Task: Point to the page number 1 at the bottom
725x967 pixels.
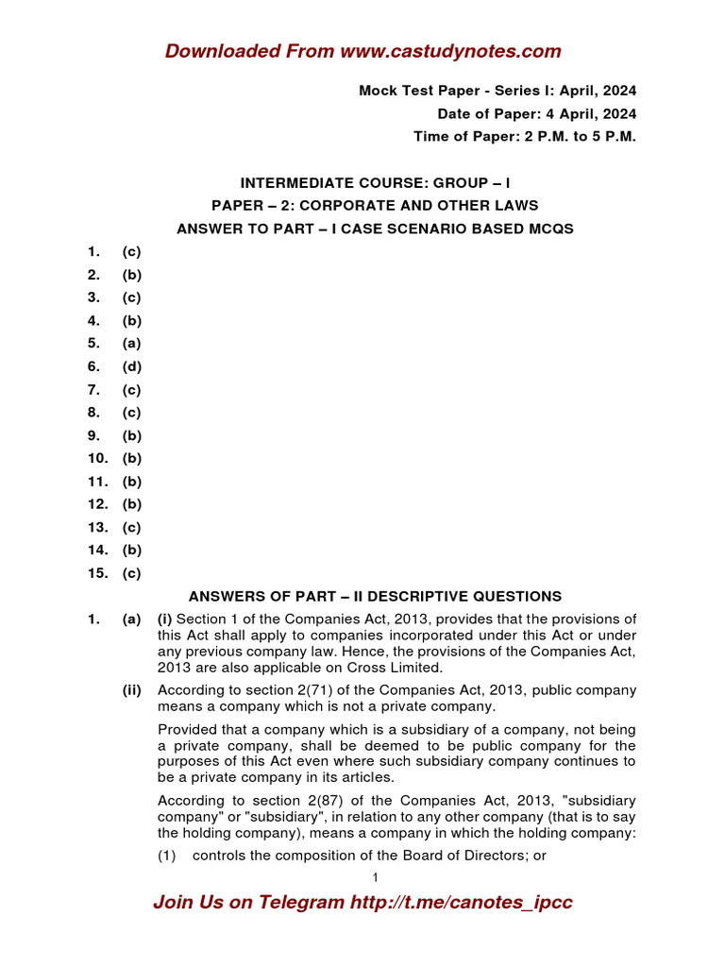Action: (375, 878)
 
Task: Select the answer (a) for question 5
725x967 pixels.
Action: (131, 344)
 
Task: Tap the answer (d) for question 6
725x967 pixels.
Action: (131, 366)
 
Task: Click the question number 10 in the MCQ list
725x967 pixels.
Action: (98, 458)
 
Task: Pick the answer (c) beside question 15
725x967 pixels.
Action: (131, 573)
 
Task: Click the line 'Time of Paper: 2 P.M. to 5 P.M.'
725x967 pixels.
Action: (524, 137)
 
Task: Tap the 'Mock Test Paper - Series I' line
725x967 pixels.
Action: (497, 91)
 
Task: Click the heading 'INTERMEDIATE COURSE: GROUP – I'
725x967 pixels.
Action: (375, 182)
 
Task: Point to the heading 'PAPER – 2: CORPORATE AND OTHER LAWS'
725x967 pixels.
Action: (375, 205)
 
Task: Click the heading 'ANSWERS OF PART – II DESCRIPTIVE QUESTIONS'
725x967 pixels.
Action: (375, 596)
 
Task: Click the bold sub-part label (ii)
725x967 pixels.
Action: (131, 690)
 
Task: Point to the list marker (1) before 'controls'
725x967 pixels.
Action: (167, 856)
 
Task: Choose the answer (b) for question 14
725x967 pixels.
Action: (131, 550)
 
